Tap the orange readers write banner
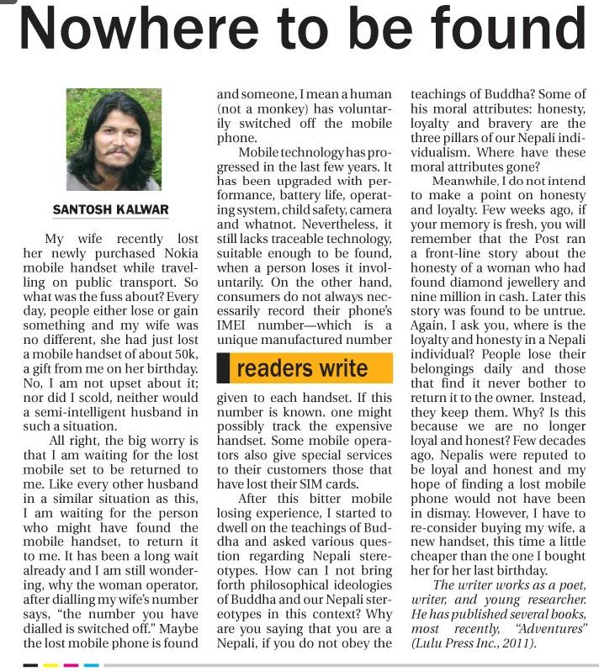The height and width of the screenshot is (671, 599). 304,368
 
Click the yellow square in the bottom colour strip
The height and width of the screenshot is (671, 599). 50,664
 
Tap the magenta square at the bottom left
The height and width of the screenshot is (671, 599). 71,664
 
